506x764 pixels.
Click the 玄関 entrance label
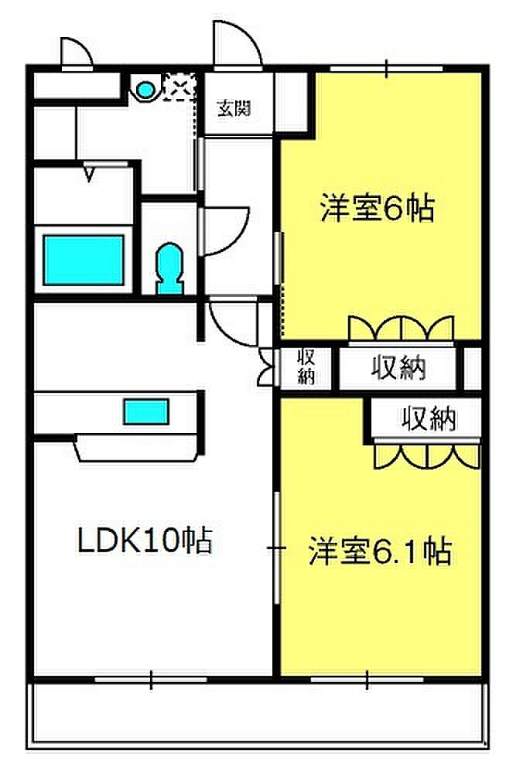(x=233, y=109)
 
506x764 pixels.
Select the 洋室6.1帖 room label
(x=380, y=552)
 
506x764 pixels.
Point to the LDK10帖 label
(x=145, y=540)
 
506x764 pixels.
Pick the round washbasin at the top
(x=144, y=89)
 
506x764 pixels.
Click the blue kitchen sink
(x=144, y=411)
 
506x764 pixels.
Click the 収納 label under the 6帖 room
(x=398, y=369)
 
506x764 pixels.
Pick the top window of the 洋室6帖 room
(x=387, y=69)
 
